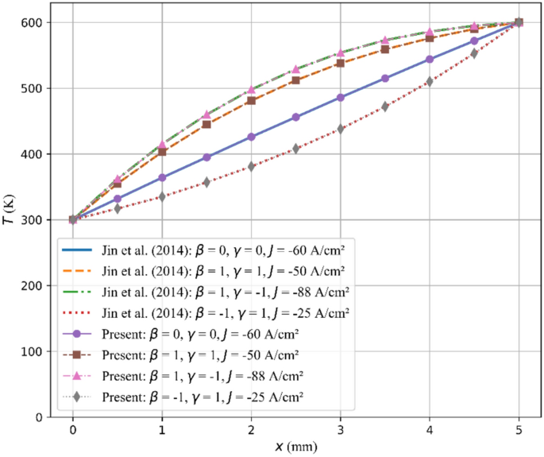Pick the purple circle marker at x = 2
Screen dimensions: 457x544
252,137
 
